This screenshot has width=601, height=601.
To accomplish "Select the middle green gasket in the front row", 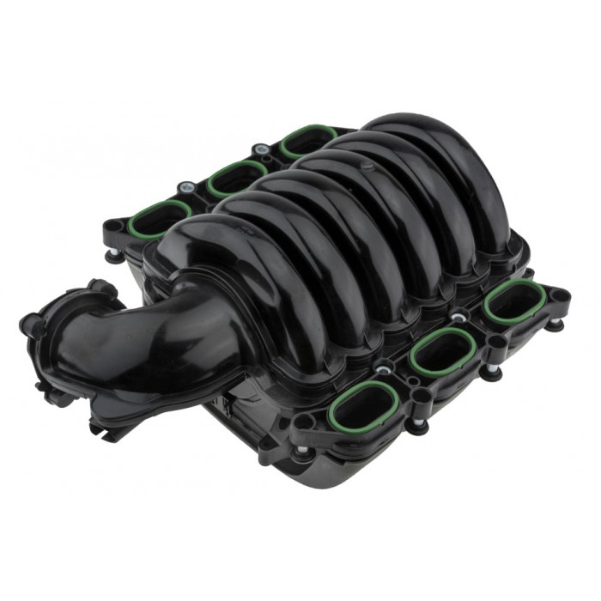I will [441, 350].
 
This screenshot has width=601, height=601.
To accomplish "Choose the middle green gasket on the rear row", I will [235, 176].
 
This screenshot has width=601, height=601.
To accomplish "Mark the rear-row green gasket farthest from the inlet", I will [307, 140].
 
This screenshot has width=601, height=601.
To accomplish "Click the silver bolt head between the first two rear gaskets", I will [185, 186].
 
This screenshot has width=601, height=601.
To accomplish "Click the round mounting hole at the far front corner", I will [559, 295].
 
